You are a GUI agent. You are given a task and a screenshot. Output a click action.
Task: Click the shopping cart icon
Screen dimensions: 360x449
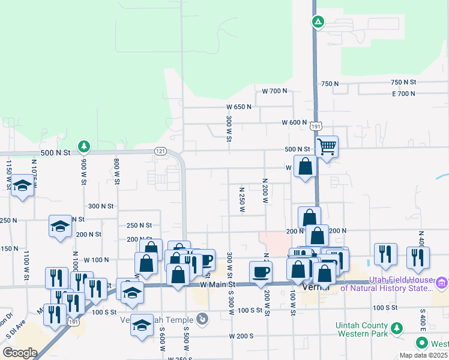coord(327,146)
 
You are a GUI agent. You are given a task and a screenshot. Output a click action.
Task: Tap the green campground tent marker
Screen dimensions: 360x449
coord(318,23)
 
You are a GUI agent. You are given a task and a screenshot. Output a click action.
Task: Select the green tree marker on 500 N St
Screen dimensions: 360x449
coord(85,146)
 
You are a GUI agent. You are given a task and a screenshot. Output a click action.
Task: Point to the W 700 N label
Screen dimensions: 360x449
coord(274,91)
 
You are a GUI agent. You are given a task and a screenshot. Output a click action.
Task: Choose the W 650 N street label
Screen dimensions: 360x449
coord(239,107)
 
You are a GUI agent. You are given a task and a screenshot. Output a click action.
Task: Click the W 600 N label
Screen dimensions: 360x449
coord(294,122)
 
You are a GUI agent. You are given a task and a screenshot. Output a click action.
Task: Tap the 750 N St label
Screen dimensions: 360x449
coord(403,82)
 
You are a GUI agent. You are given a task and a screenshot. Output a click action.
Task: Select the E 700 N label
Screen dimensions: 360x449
coord(403,94)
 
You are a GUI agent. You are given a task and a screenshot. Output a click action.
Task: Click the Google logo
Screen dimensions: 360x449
coord(20,353)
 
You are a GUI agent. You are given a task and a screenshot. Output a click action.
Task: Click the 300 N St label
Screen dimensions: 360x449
coord(101,206)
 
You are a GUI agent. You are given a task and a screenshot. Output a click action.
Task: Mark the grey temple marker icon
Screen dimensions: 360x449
coord(203,318)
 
